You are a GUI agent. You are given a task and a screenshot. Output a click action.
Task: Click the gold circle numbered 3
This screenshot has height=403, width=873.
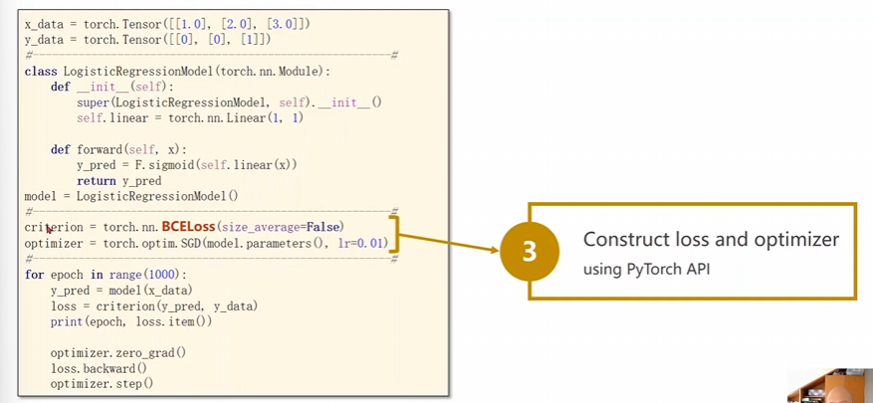click(x=530, y=252)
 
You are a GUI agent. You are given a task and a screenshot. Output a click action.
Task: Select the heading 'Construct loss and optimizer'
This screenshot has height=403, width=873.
click(x=711, y=240)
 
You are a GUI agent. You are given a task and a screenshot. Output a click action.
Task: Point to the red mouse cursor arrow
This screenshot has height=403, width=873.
click(x=49, y=229)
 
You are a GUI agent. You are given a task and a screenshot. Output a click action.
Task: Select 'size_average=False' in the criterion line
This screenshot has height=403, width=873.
click(x=285, y=227)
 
